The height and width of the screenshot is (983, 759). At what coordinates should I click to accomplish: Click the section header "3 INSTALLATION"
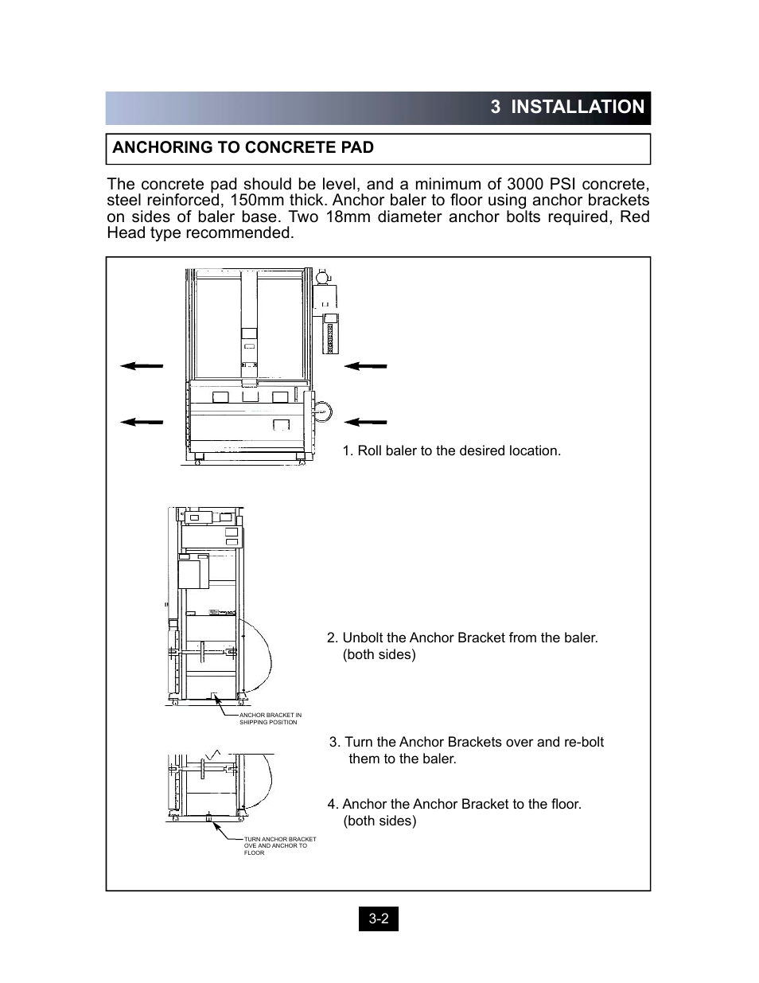567,107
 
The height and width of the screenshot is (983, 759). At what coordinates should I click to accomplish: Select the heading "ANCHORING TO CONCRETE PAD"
243,147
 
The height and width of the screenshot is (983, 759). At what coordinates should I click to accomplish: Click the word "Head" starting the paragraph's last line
126,232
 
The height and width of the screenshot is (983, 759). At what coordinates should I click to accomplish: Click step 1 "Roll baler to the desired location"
451,451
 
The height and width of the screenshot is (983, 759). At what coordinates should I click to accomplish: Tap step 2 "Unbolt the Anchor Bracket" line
462,638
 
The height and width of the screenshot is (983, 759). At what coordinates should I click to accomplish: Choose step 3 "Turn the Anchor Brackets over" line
466,742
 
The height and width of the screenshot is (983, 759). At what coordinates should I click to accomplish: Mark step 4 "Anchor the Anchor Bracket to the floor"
454,804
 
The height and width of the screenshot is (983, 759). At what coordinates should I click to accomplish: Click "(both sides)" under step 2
379,654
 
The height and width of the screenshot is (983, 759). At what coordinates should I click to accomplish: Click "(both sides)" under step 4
379,821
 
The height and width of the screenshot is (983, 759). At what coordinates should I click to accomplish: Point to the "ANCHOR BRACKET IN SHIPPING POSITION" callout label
271,719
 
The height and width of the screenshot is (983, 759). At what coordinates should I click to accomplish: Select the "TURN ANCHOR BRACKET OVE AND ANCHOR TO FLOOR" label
279,845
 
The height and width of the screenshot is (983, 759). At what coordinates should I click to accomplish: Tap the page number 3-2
378,919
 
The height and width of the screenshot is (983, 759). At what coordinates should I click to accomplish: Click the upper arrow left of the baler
142,365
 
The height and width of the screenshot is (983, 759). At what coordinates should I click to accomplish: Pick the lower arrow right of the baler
366,421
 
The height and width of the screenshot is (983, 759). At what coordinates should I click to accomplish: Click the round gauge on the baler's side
321,412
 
